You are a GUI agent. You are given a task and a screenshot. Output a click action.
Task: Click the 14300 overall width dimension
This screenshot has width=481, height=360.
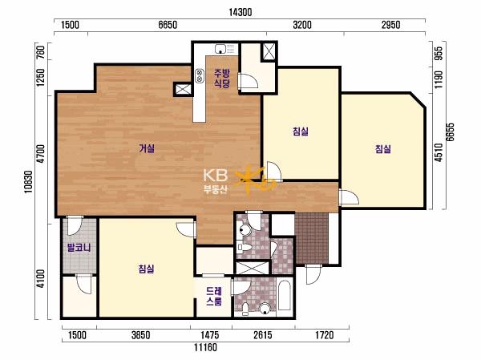(x=240, y=12)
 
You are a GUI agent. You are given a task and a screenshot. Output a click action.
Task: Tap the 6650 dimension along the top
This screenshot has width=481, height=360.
(x=168, y=25)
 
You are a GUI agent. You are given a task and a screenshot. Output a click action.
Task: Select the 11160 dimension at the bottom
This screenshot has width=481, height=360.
(x=205, y=347)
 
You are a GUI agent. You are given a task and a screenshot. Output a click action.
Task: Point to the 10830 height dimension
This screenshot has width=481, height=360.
(x=29, y=182)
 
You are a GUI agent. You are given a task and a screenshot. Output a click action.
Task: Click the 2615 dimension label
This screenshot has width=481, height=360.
(x=263, y=335)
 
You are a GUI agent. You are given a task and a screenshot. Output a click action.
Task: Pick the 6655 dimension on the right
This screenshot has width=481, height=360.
(x=450, y=132)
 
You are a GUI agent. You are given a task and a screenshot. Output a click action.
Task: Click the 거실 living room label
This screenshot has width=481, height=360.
(x=147, y=149)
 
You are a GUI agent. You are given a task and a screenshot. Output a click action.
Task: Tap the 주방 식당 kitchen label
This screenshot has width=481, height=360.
(x=222, y=79)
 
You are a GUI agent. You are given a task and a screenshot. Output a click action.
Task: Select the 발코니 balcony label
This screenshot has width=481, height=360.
(x=79, y=248)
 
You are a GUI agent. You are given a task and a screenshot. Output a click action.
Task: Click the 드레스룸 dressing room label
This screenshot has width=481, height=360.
(x=214, y=297)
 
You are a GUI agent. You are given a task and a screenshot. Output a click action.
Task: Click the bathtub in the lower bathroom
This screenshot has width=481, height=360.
(x=285, y=297)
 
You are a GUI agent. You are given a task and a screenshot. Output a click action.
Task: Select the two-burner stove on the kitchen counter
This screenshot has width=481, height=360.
(x=200, y=75)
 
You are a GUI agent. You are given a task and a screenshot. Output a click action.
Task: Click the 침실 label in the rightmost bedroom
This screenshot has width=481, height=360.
(x=383, y=149)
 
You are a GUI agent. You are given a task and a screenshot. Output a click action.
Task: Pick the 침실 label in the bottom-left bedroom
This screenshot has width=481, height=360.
(x=146, y=269)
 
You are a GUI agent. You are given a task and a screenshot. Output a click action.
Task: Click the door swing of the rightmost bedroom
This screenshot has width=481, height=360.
(x=349, y=197)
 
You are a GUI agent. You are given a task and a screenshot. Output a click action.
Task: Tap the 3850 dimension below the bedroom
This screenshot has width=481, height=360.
(x=141, y=335)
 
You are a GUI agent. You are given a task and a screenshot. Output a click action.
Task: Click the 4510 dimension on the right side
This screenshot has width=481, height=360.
(x=439, y=152)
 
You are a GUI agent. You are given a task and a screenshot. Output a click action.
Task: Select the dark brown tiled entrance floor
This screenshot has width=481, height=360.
(x=312, y=238)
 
